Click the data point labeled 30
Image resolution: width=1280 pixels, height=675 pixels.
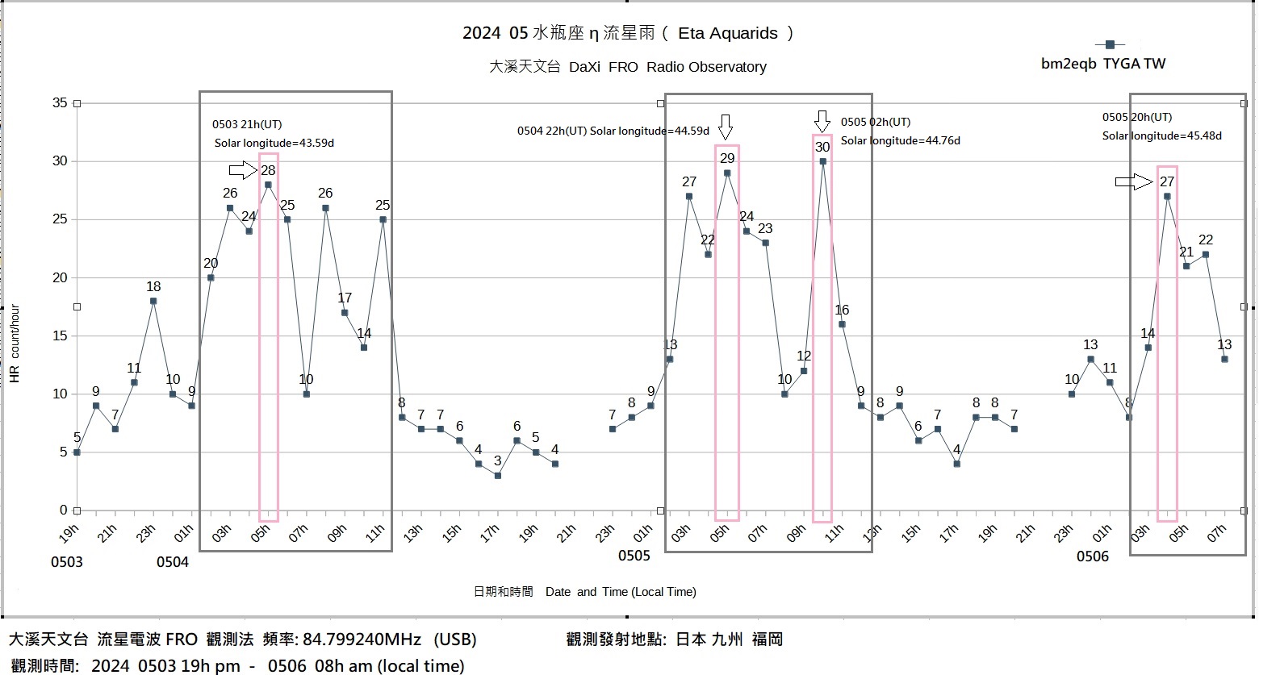822,161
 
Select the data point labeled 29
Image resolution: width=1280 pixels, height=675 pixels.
727,173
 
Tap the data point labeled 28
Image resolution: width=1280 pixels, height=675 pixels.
268,185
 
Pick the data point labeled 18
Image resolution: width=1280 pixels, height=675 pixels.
153,301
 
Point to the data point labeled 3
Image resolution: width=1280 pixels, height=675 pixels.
498,476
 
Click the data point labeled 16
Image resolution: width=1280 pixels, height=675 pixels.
842,324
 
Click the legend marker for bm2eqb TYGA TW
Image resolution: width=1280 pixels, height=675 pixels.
1110,45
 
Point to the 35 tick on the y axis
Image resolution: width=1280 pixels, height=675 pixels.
61,103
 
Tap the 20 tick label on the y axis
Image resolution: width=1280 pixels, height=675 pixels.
61,278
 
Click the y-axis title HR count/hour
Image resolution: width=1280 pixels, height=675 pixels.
15,344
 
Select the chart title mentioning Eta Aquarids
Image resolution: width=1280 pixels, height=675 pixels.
628,33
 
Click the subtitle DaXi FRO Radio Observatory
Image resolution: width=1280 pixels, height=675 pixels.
627,67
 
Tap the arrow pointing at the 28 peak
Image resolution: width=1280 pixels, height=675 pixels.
242,170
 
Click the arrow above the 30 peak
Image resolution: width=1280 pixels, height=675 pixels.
822,122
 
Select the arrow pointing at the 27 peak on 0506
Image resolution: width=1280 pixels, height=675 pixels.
1133,182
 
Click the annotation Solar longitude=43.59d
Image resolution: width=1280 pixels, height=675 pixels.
274,144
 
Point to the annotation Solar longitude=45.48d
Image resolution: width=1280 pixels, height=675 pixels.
1162,135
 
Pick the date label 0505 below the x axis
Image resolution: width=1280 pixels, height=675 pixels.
634,556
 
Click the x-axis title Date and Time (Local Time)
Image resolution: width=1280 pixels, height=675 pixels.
620,592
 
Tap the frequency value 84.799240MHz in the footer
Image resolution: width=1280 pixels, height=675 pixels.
362,640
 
